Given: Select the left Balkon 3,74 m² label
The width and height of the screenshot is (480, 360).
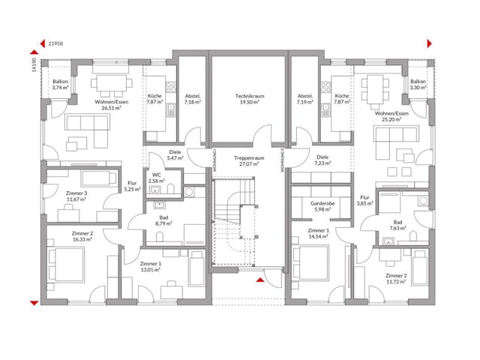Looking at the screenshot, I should click(x=61, y=85).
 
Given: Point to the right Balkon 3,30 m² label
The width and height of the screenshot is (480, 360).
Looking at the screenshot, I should click(x=418, y=85).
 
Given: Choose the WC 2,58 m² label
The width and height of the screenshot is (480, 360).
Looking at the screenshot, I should click(x=157, y=178).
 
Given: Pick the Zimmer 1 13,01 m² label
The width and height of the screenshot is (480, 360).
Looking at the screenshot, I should click(x=151, y=267).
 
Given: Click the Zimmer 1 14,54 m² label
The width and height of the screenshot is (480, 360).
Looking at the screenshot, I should click(x=318, y=233).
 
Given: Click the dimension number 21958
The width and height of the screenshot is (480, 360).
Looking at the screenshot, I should click(x=55, y=44).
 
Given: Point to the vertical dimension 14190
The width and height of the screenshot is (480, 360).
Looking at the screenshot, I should click(x=34, y=66).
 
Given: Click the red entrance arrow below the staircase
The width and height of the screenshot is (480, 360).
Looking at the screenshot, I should click(x=260, y=280).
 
